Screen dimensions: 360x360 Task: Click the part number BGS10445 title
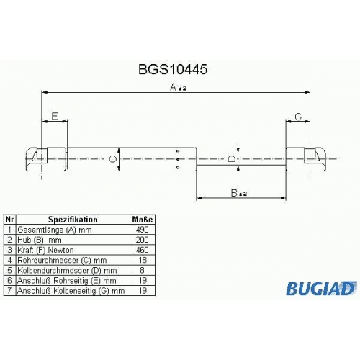(x=173, y=70)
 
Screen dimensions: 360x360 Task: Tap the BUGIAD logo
(x=320, y=288)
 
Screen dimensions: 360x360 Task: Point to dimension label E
(x=55, y=116)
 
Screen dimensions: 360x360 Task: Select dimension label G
(x=298, y=117)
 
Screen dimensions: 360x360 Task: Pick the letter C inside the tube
(x=113, y=159)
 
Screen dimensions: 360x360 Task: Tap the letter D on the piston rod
(x=231, y=159)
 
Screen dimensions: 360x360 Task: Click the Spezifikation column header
(x=73, y=220)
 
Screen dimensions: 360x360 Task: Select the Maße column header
(x=143, y=220)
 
